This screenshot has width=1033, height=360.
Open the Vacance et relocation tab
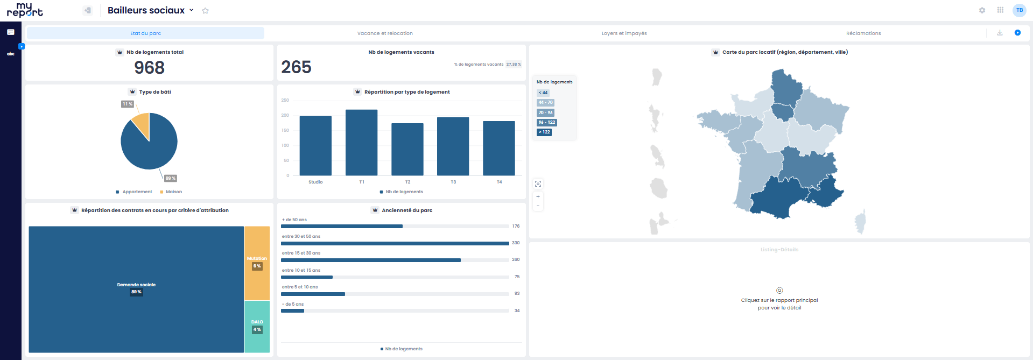point(385,33)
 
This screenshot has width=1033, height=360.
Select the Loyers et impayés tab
point(624,33)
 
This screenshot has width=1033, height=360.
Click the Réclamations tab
point(863,33)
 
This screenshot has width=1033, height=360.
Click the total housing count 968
point(149,68)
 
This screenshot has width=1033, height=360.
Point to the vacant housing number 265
point(296,67)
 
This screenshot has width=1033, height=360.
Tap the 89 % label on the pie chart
point(170,178)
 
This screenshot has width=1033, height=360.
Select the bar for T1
point(361,143)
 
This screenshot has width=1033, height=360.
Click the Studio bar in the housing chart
point(315,145)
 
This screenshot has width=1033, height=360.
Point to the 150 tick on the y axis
point(285,130)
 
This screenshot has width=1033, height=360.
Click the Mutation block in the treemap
point(257,263)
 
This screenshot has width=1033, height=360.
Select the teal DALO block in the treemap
point(257,326)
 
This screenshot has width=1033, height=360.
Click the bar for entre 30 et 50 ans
point(395,243)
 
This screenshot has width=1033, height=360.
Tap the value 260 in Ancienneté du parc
point(516,260)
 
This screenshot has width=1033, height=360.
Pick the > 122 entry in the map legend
point(544,132)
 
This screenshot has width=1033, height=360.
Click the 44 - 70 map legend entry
point(545,103)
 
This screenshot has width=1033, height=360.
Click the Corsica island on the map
point(860,221)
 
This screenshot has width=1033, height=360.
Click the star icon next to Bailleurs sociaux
point(205,11)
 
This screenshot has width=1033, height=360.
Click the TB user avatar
point(1019,10)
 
